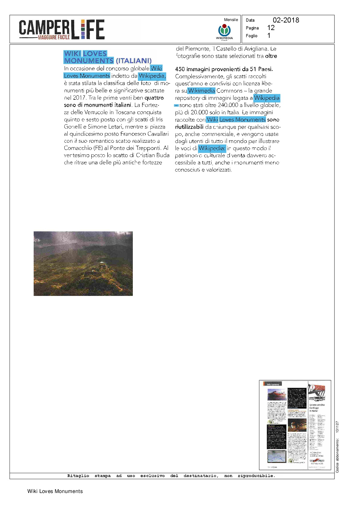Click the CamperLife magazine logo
coord(62,29)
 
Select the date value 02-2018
coord(286,20)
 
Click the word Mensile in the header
coord(231,20)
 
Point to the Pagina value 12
coord(271,28)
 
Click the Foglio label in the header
coord(252,36)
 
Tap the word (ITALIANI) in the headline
coord(134,61)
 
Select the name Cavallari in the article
coord(158,134)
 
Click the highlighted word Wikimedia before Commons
coord(201,91)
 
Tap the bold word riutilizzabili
coord(189,127)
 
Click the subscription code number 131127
coord(337,427)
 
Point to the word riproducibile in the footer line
coord(256,476)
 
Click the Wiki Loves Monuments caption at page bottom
coord(55,491)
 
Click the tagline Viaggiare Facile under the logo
coord(54,37)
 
